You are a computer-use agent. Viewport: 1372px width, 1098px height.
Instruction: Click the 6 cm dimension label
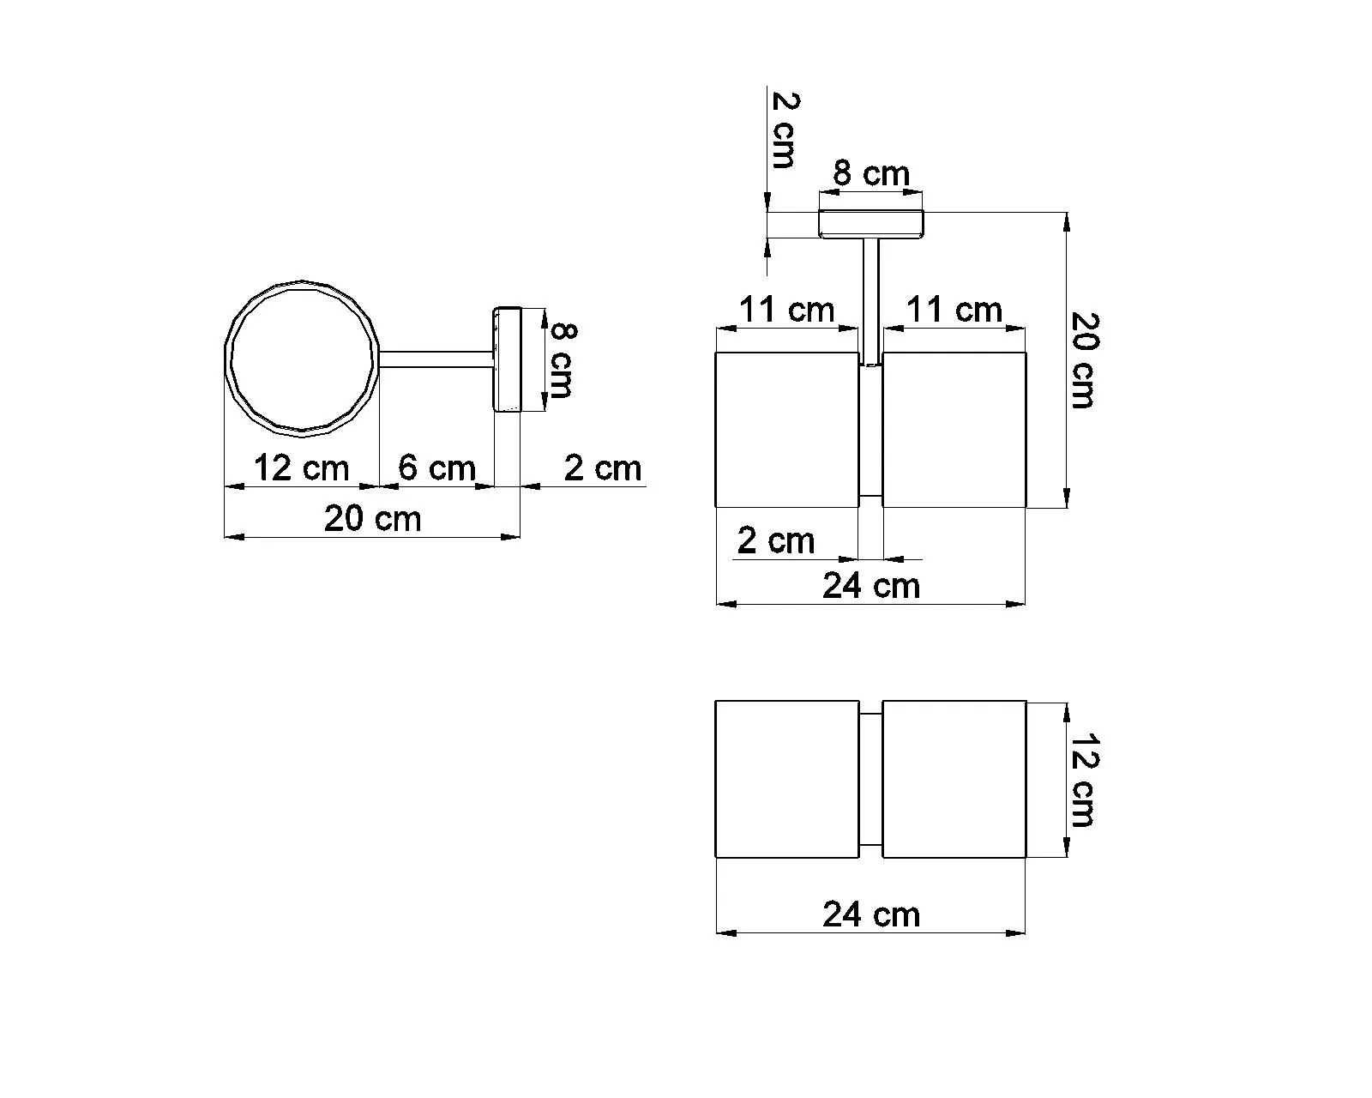tap(436, 468)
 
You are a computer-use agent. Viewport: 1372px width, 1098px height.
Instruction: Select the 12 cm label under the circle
tap(302, 468)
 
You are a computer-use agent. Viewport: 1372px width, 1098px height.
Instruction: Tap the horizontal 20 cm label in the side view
tap(372, 518)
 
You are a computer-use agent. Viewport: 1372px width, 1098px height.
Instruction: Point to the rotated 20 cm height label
tap(1084, 359)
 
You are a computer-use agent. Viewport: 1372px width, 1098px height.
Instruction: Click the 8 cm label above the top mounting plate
tap(871, 173)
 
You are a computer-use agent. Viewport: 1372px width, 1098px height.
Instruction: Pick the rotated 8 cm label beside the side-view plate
tap(562, 360)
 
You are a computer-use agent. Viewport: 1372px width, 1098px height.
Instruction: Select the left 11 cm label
tap(786, 310)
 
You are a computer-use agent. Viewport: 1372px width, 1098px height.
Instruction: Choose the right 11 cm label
tap(954, 310)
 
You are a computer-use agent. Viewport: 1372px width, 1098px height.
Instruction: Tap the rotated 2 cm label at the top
tap(784, 130)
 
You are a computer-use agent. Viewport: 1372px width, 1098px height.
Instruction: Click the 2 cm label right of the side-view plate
tap(603, 469)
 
